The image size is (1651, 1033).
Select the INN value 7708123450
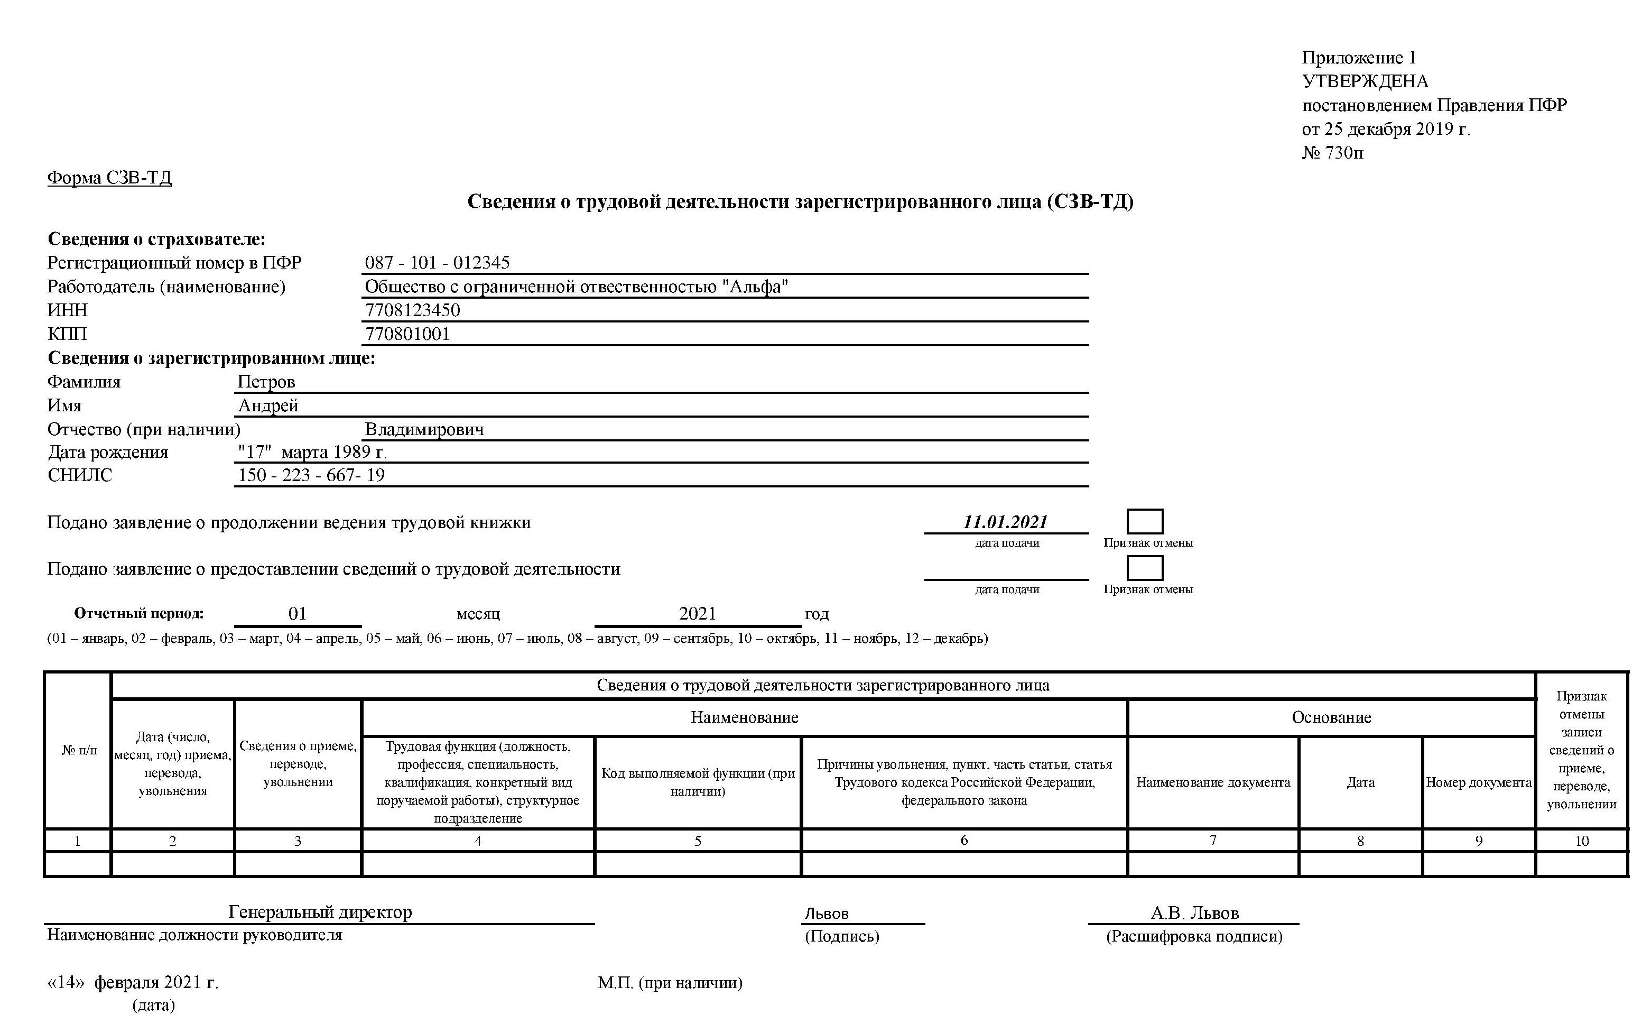pyautogui.click(x=412, y=310)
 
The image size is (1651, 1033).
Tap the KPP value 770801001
pyautogui.click(x=407, y=334)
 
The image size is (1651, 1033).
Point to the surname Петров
pyautogui.click(x=266, y=382)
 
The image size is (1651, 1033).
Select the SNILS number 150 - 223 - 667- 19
pyautogui.click(x=311, y=475)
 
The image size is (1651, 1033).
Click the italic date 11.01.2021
pyautogui.click(x=1005, y=522)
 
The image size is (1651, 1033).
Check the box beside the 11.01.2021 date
pyautogui.click(x=1144, y=522)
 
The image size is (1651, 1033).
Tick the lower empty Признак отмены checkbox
pyautogui.click(x=1144, y=568)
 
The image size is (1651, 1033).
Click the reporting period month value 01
pyautogui.click(x=298, y=614)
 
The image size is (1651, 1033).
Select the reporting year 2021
pyautogui.click(x=697, y=614)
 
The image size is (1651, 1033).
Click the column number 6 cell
pyautogui.click(x=964, y=841)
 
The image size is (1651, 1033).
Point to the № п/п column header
pyautogui.click(x=79, y=750)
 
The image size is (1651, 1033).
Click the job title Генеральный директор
pyautogui.click(x=320, y=912)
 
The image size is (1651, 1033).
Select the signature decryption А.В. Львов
pyautogui.click(x=1194, y=913)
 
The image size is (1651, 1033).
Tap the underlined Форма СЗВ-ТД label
pyautogui.click(x=109, y=178)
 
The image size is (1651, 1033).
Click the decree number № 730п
pyautogui.click(x=1332, y=152)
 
